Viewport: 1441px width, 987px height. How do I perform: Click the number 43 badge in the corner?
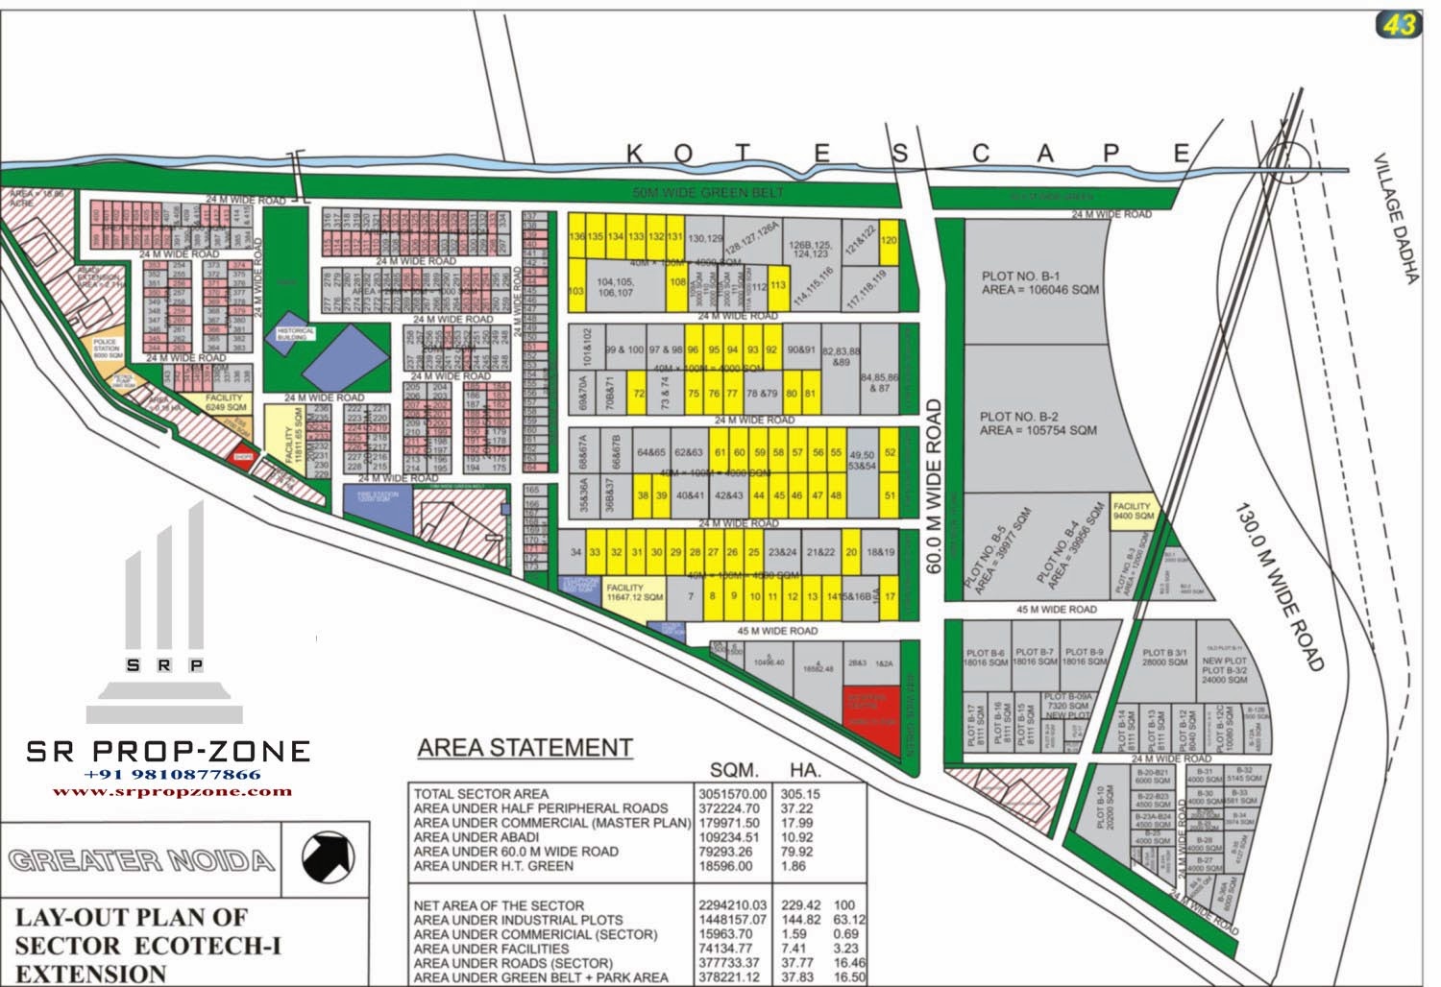[1398, 25]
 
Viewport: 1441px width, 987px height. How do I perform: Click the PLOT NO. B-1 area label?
[1039, 283]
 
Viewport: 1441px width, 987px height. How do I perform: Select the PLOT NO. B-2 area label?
[1038, 423]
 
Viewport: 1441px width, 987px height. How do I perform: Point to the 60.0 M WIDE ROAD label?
[934, 487]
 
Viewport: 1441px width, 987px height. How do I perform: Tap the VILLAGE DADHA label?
[1395, 219]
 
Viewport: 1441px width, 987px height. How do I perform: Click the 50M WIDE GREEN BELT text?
[708, 193]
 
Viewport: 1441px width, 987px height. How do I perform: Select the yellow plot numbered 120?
[889, 241]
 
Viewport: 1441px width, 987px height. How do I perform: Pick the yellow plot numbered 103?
[576, 291]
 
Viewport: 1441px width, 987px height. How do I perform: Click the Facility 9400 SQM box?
[1133, 511]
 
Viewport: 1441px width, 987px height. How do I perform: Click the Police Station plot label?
[107, 349]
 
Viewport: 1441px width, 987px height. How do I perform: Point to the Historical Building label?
[295, 333]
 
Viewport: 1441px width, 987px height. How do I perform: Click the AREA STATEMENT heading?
[525, 748]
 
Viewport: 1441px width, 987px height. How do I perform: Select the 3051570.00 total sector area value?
[731, 794]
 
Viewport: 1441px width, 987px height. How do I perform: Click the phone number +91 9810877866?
[172, 774]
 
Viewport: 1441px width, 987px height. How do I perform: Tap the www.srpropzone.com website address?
[172, 791]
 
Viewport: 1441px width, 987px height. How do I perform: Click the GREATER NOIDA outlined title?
[140, 859]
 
